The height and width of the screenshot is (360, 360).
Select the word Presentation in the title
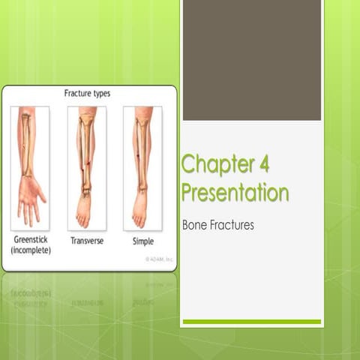(x=235, y=192)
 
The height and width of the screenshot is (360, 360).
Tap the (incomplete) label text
(x=31, y=250)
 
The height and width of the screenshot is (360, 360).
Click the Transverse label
(x=87, y=241)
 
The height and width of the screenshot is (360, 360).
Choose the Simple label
(x=142, y=241)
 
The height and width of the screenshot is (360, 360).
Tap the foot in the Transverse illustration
(x=84, y=212)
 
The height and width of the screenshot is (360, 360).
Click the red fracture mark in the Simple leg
(x=138, y=156)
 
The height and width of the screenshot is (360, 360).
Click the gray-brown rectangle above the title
(x=251, y=60)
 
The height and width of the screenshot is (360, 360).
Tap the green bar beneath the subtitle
(x=251, y=322)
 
